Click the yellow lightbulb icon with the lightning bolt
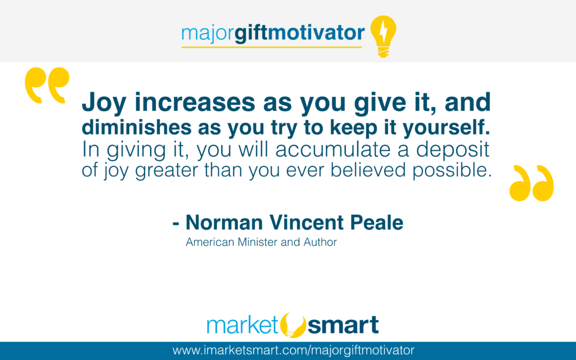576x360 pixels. point(383,36)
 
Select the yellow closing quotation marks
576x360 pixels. point(531,183)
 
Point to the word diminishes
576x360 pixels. point(137,127)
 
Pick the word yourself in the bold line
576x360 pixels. point(446,128)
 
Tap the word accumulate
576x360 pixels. point(333,150)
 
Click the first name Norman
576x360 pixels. point(224,223)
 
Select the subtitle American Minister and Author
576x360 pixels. point(261,242)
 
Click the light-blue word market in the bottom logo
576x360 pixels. point(243,325)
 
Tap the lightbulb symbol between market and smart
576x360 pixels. point(292,325)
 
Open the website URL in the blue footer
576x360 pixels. point(293,350)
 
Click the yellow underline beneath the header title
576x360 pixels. point(272,47)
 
